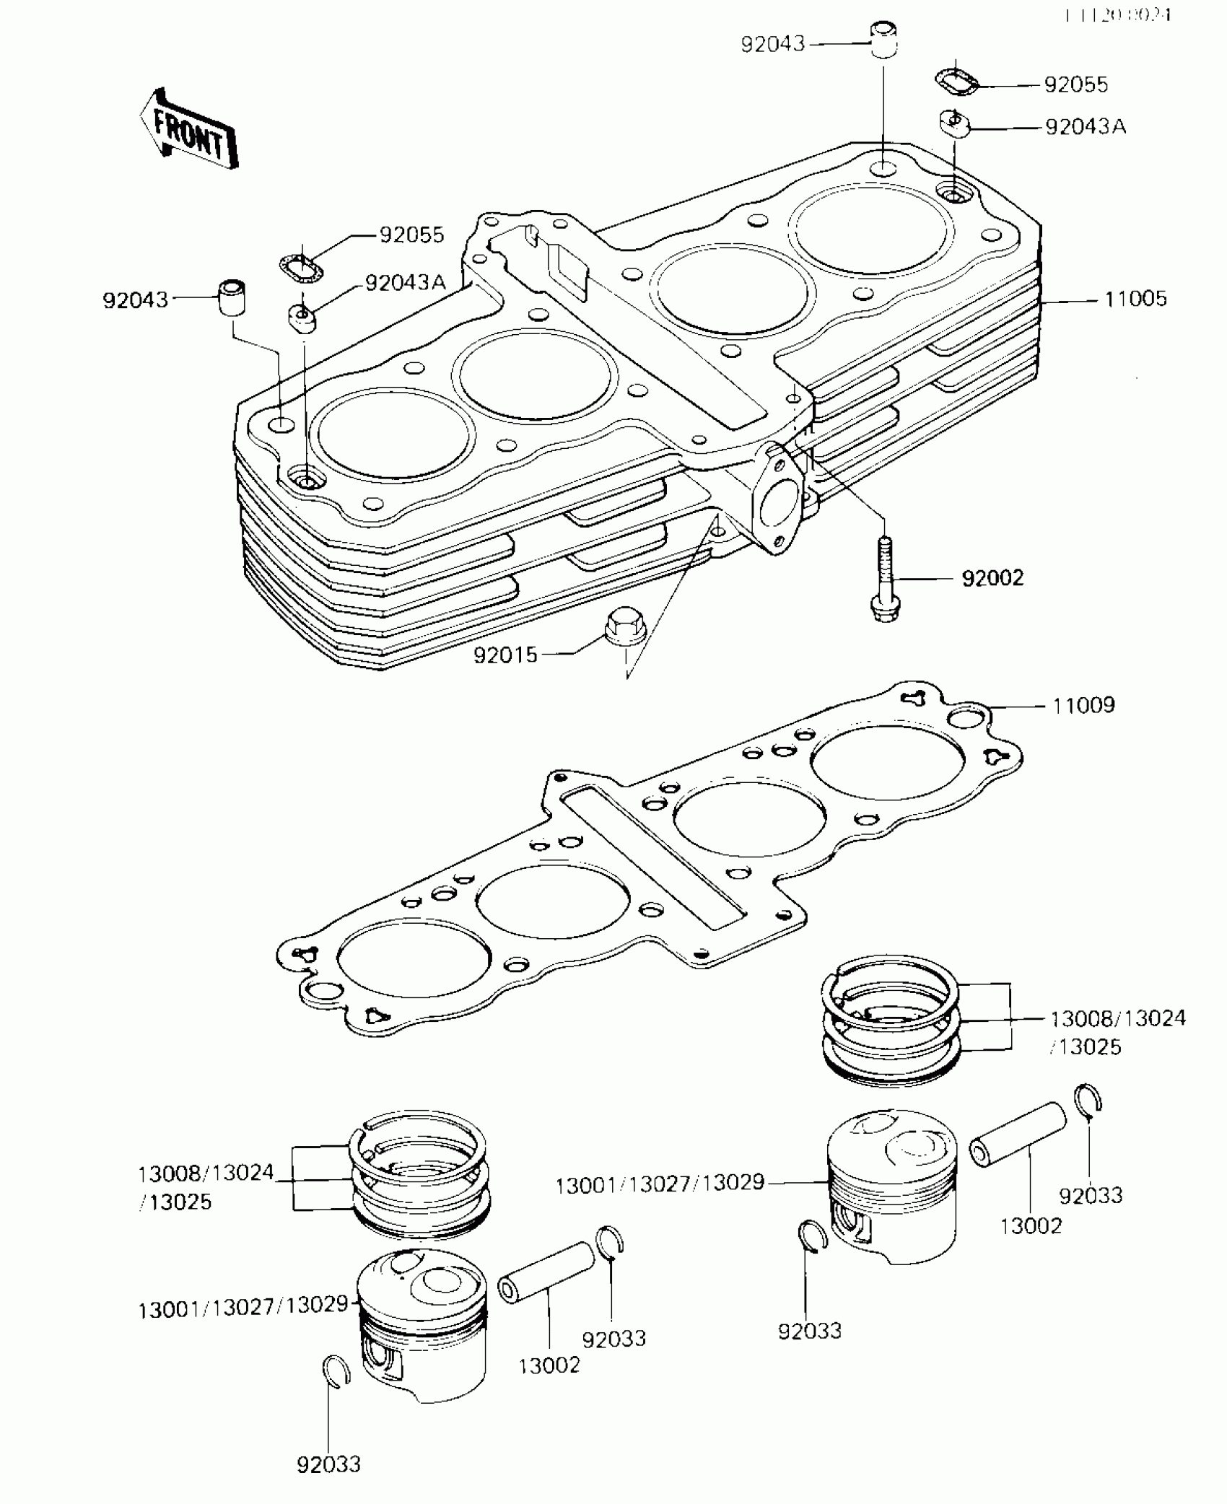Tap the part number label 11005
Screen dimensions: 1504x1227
click(1135, 298)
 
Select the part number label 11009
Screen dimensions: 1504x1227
click(1083, 704)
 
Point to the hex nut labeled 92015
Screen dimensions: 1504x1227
click(621, 626)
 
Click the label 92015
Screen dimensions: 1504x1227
click(505, 655)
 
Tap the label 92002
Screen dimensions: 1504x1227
click(992, 577)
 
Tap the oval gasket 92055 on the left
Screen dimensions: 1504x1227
click(302, 266)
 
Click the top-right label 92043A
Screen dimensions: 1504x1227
click(1086, 127)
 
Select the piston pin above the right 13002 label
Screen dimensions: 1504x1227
click(1018, 1145)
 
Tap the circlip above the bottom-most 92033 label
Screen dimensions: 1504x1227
click(336, 1370)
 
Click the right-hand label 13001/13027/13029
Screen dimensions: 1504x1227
click(660, 1184)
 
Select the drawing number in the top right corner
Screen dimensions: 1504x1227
click(1118, 14)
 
